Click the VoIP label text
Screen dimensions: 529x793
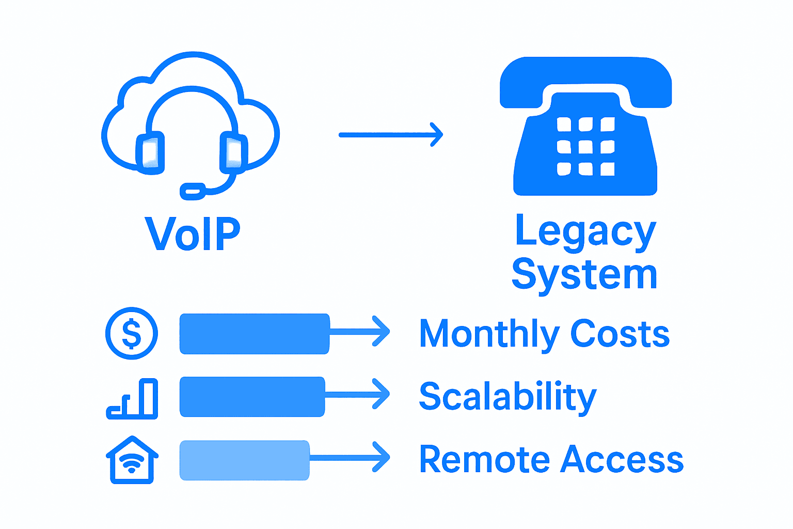tap(193, 234)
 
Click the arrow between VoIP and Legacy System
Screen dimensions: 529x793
tap(391, 135)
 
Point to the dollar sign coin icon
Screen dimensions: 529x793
tap(132, 334)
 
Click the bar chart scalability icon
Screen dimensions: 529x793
tap(133, 398)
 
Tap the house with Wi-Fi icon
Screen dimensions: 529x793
tap(132, 460)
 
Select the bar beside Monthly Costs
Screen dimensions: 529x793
tap(254, 334)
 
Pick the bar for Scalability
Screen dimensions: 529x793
tap(252, 397)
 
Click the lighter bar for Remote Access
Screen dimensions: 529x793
tap(244, 460)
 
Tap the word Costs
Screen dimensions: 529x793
tap(620, 334)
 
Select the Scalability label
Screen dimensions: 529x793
tap(507, 397)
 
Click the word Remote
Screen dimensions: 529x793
tap(484, 459)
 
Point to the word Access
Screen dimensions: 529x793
tap(623, 459)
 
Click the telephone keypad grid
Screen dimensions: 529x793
tap(585, 147)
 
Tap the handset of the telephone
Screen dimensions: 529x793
tap(585, 77)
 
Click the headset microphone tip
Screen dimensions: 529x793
tap(193, 191)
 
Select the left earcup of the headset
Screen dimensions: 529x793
tap(150, 153)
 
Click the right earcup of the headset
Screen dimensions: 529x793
tap(233, 152)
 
